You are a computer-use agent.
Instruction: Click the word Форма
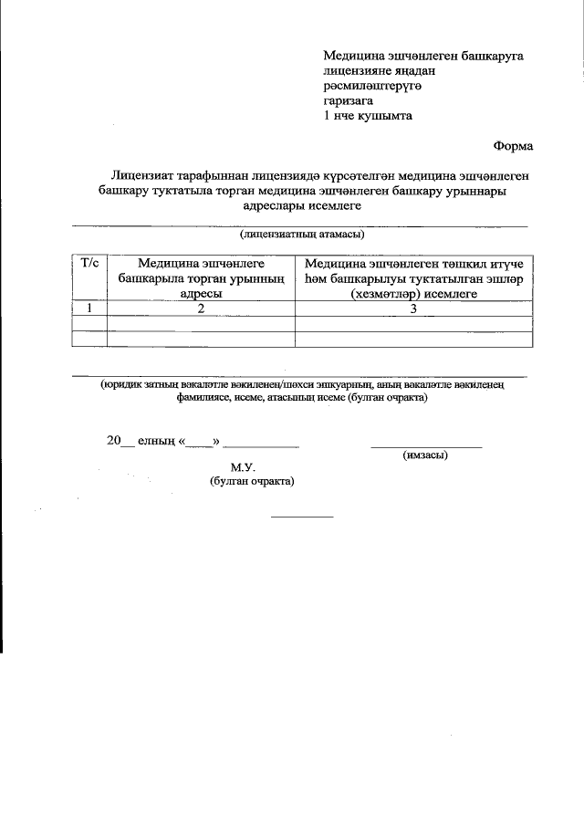513,145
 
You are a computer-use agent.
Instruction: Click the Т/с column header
89,263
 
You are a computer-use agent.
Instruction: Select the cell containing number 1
89,308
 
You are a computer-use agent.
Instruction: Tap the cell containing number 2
201,308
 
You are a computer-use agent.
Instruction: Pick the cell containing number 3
413,308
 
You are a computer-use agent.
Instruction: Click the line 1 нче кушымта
361,116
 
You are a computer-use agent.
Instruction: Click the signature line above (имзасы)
426,446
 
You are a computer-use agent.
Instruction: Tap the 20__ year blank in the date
120,441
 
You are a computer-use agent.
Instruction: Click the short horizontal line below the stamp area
303,517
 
